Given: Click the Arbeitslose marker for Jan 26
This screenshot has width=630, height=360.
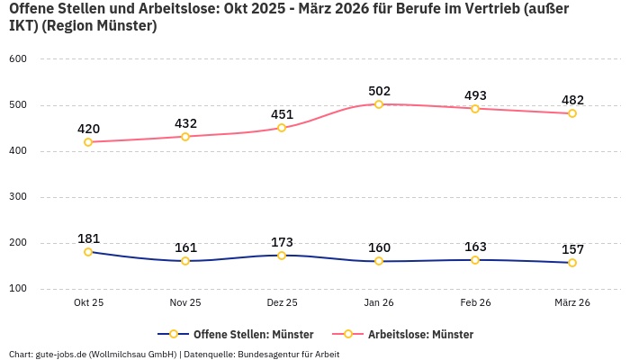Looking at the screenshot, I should pyautogui.click(x=379, y=104).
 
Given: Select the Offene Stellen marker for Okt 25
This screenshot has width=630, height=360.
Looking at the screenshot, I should pyautogui.click(x=88, y=252).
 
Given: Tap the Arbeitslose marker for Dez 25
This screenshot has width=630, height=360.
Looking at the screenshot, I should pyautogui.click(x=282, y=128).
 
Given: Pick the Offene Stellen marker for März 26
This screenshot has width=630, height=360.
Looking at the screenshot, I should pyautogui.click(x=572, y=263).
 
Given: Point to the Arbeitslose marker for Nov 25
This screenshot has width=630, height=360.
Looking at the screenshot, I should pyautogui.click(x=185, y=137).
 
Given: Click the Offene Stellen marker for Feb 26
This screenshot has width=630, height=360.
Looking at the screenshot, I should pyautogui.click(x=475, y=260).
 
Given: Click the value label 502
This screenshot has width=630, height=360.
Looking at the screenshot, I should pyautogui.click(x=379, y=91).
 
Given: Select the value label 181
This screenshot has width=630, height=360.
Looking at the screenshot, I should pyautogui.click(x=88, y=238).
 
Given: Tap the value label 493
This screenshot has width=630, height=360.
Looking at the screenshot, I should pyautogui.click(x=475, y=95).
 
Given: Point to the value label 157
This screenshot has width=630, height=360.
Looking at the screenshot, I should pyautogui.click(x=572, y=249).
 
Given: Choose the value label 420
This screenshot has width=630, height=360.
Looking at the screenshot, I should pyautogui.click(x=88, y=129).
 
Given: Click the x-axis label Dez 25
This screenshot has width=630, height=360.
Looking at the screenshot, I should pyautogui.click(x=282, y=303).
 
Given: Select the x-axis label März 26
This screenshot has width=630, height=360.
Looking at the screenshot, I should pyautogui.click(x=572, y=303).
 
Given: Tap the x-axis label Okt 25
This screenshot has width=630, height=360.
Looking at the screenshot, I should pyautogui.click(x=88, y=303).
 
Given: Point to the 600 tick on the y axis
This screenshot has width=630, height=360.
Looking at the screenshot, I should pyautogui.click(x=18, y=59).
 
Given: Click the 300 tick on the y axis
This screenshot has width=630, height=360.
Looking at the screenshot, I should pyautogui.click(x=18, y=197).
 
